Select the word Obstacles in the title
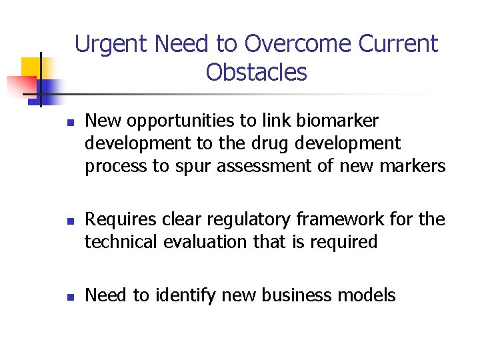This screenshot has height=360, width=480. (x=257, y=72)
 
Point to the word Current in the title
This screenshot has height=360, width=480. (x=398, y=44)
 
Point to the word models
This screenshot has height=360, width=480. (x=367, y=295)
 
